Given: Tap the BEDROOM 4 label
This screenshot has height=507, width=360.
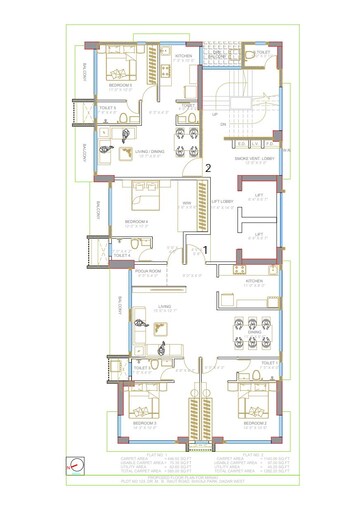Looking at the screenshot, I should click(136, 221).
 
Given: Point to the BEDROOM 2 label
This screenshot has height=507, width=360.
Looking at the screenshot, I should click(254, 425).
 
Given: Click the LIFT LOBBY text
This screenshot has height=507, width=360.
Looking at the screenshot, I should click(221, 202).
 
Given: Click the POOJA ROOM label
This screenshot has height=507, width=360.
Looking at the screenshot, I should click(149, 271).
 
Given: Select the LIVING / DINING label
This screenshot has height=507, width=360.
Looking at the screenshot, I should click(150, 151).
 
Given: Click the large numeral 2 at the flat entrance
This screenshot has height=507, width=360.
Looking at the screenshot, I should click(207, 169).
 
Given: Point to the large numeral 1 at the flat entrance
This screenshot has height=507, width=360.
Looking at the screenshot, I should click(205, 248).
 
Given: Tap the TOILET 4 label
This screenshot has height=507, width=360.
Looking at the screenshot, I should click(122, 256).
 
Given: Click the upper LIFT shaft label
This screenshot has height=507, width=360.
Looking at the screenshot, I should click(259, 195).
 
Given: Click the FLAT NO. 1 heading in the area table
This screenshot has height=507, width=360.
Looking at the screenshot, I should click(155, 454).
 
